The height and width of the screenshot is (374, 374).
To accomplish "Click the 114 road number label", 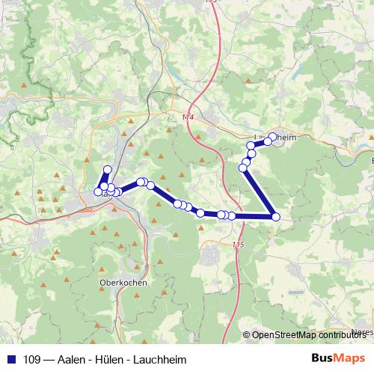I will click(x=187, y=118).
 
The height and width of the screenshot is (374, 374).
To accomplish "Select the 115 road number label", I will click(x=238, y=245).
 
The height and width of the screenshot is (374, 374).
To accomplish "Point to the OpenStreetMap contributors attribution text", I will click(x=310, y=335).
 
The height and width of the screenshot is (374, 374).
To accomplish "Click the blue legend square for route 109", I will click(x=11, y=359).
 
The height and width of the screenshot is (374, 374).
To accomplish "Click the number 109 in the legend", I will click(x=32, y=359).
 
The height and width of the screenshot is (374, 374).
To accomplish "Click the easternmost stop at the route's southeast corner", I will click(x=275, y=217).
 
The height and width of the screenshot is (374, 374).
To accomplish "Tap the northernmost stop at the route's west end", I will click(x=107, y=169).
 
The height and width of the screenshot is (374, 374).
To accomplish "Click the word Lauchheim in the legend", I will click(x=158, y=359).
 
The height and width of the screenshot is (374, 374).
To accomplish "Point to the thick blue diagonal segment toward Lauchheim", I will click(x=259, y=192).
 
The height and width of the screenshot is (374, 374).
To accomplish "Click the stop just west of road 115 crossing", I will click(x=231, y=215).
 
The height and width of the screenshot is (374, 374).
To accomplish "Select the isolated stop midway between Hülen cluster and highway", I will click(x=200, y=213).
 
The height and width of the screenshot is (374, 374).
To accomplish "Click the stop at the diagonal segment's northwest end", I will click(x=242, y=168).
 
